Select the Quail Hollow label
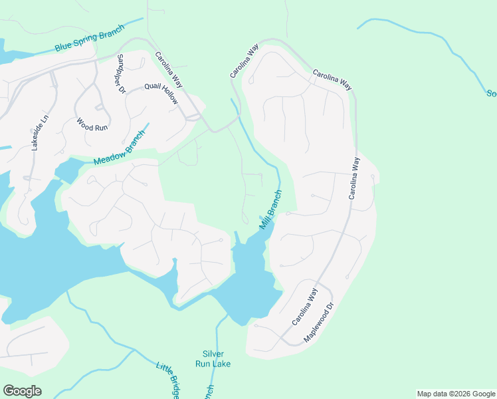162,93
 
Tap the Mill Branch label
271,209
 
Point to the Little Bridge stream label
168,380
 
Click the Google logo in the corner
22,391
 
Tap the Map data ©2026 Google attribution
456,394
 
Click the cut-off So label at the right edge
491,93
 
